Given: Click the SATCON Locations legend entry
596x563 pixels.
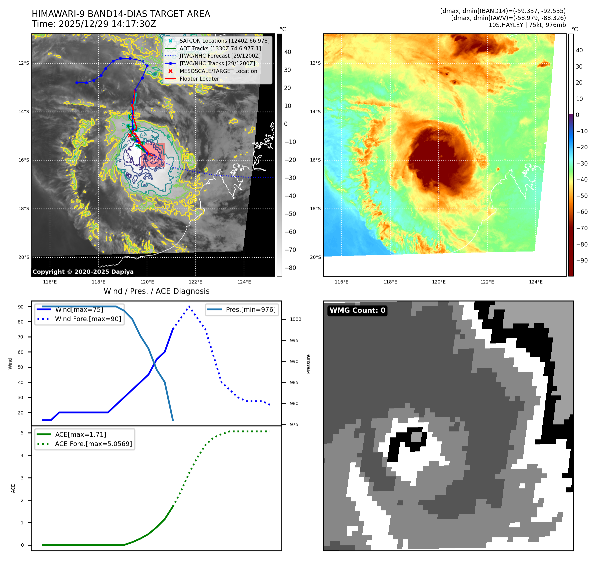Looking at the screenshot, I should pyautogui.click(x=224, y=41).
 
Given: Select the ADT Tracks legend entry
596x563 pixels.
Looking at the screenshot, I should pyautogui.click(x=220, y=48).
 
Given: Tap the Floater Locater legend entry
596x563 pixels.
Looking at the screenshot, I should pyautogui.click(x=199, y=79).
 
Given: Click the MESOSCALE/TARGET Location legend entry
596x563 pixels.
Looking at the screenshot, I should pyautogui.click(x=218, y=71).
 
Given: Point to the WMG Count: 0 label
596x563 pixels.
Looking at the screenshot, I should pyautogui.click(x=357, y=310).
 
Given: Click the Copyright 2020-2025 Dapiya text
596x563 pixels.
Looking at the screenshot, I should pyautogui.click(x=83, y=272).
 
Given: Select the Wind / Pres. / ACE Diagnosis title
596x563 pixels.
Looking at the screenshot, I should pyautogui.click(x=156, y=291).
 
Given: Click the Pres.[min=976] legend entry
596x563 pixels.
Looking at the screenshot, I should pyautogui.click(x=250, y=309).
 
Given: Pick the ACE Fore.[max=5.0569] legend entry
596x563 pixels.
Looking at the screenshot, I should pyautogui.click(x=93, y=444).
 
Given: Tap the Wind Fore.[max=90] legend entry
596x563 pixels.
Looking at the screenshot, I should pyautogui.click(x=88, y=319).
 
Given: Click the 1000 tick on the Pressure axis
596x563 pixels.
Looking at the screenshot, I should pyautogui.click(x=295, y=319).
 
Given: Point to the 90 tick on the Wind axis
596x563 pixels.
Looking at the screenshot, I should pyautogui.click(x=21, y=307).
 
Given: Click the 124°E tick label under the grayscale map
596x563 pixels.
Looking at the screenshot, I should pyautogui.click(x=244, y=282).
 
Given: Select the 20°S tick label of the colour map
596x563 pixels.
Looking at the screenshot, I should pyautogui.click(x=315, y=257).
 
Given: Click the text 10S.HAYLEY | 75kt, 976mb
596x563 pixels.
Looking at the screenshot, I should pyautogui.click(x=527, y=25).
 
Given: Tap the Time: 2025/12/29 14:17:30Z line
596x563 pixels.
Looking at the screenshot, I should pyautogui.click(x=94, y=24).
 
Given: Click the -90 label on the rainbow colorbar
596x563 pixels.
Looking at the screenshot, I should pyautogui.click(x=582, y=261).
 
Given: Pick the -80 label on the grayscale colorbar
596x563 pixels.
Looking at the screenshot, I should pyautogui.click(x=290, y=268).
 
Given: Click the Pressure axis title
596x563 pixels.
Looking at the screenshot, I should pyautogui.click(x=309, y=364).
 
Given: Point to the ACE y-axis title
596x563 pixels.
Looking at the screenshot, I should pyautogui.click(x=13, y=488).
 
